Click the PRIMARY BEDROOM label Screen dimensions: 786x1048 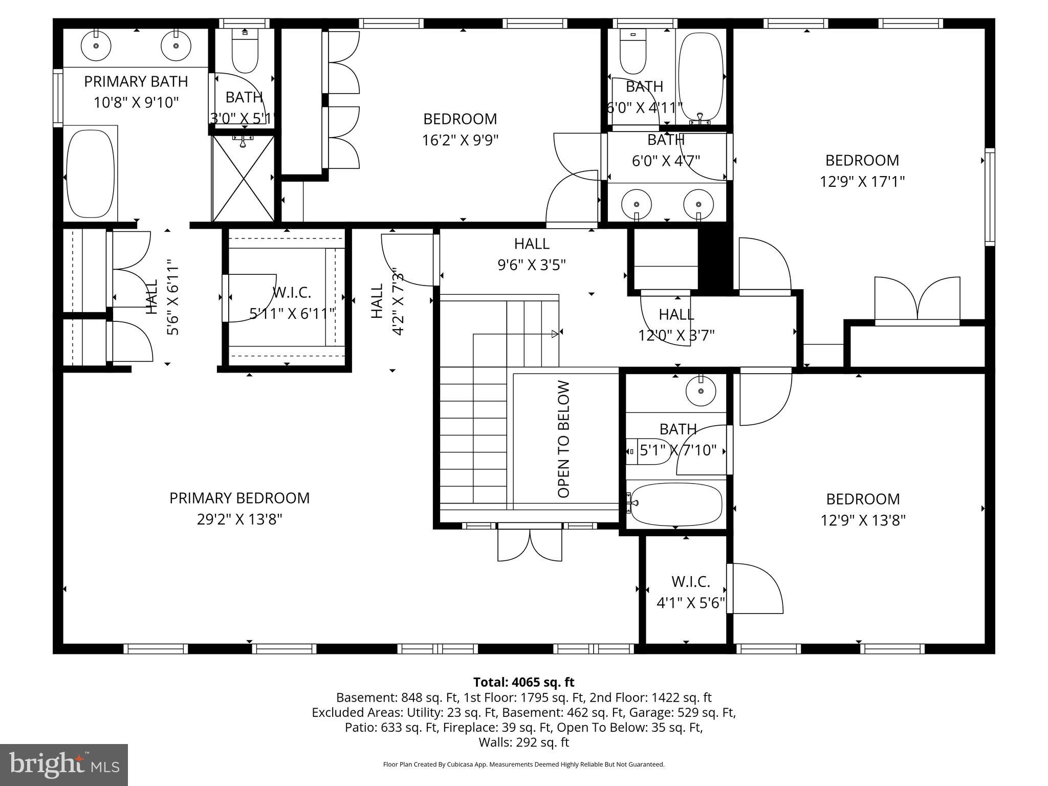point(239,498)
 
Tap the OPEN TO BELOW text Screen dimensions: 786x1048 point(563,439)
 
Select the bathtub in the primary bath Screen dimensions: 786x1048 point(91,173)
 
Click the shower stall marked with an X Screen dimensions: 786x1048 point(244,179)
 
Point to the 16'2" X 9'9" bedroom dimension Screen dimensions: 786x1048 point(460,140)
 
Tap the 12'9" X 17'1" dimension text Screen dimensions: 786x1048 point(862,182)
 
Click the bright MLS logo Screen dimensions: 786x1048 point(64,765)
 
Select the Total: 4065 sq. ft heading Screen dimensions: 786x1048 point(523,682)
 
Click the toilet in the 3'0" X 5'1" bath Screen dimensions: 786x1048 point(245,52)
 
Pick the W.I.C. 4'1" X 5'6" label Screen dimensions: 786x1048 point(691,592)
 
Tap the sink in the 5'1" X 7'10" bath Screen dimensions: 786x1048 point(701,391)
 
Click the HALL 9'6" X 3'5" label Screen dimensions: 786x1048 point(532,254)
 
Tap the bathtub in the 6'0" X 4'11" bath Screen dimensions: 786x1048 point(701,77)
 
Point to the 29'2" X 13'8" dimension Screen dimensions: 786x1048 point(239,520)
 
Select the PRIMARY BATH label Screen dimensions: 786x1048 point(136,81)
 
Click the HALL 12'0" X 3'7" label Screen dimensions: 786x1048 point(676,324)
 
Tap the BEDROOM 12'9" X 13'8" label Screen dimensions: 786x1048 point(863,509)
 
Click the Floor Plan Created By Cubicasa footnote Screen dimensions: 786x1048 point(523,765)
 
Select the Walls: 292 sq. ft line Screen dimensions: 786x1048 point(523,742)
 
